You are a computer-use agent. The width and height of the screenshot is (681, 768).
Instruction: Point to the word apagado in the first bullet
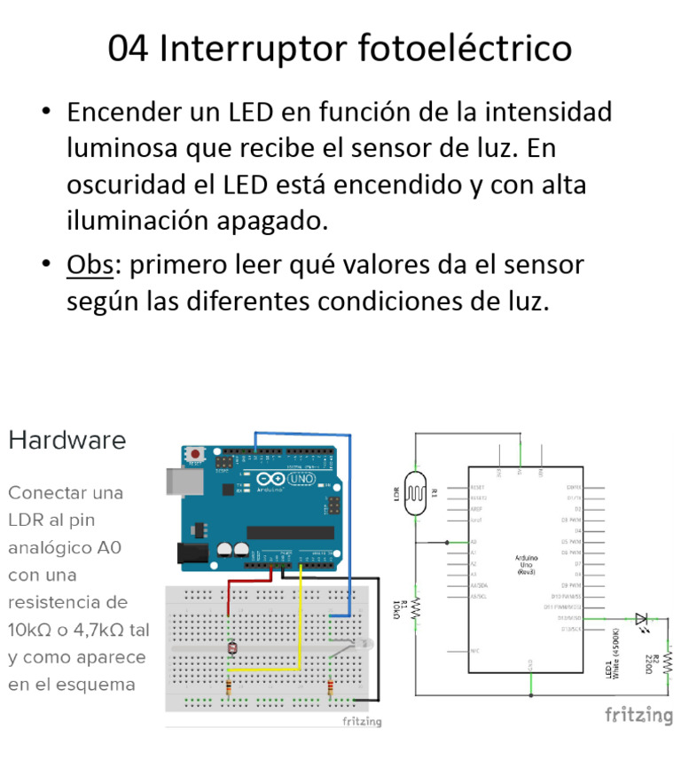click(270, 219)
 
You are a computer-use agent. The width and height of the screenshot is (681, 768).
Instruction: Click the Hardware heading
click(67, 440)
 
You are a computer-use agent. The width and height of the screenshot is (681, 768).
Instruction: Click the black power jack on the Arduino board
click(192, 553)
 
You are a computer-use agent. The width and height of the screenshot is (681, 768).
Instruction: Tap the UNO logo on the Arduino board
click(289, 480)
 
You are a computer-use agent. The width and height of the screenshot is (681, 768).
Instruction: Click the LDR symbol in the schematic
click(416, 494)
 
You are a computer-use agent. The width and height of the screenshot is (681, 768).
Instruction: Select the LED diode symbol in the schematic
click(641, 618)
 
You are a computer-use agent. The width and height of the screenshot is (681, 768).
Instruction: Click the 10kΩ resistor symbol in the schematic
click(416, 607)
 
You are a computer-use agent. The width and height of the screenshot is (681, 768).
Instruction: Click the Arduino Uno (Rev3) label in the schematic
click(526, 565)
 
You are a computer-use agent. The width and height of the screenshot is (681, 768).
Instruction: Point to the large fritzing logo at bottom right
click(638, 715)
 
